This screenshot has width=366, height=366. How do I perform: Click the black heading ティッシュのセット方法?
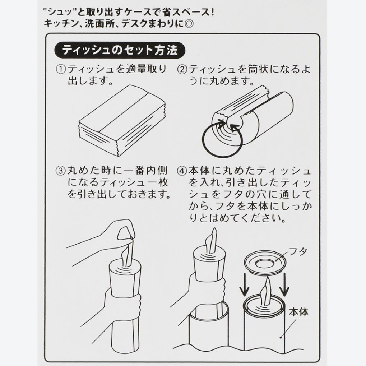point(120,50)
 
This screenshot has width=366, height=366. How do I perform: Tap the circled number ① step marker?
point(61,70)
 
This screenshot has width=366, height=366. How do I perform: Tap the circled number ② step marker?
point(182,70)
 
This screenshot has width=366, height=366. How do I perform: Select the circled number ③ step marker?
point(61,171)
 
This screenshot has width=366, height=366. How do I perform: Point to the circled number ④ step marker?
point(182,171)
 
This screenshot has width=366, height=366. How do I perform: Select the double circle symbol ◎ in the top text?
point(189,24)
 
